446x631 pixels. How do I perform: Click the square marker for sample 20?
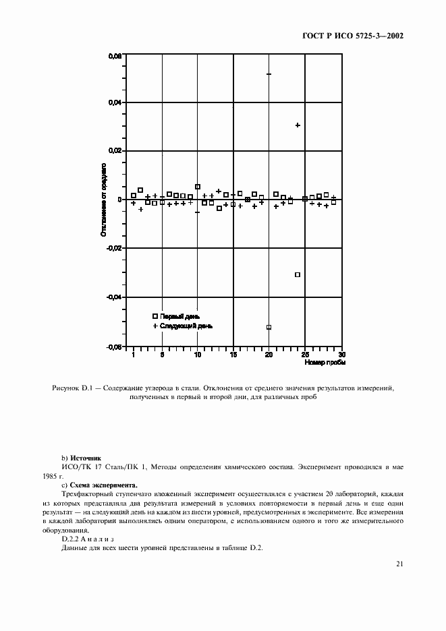pyautogui.click(x=269, y=327)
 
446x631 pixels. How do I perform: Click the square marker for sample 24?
pyautogui.click(x=298, y=274)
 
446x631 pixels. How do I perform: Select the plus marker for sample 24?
pyautogui.click(x=298, y=125)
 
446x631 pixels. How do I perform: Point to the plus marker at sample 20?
pyautogui.click(x=269, y=74)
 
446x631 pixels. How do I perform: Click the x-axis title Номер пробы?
pyautogui.click(x=325, y=362)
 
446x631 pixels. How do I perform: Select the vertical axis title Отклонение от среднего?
pyautogui.click(x=105, y=200)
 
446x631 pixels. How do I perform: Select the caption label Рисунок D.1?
pyautogui.click(x=73, y=389)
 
